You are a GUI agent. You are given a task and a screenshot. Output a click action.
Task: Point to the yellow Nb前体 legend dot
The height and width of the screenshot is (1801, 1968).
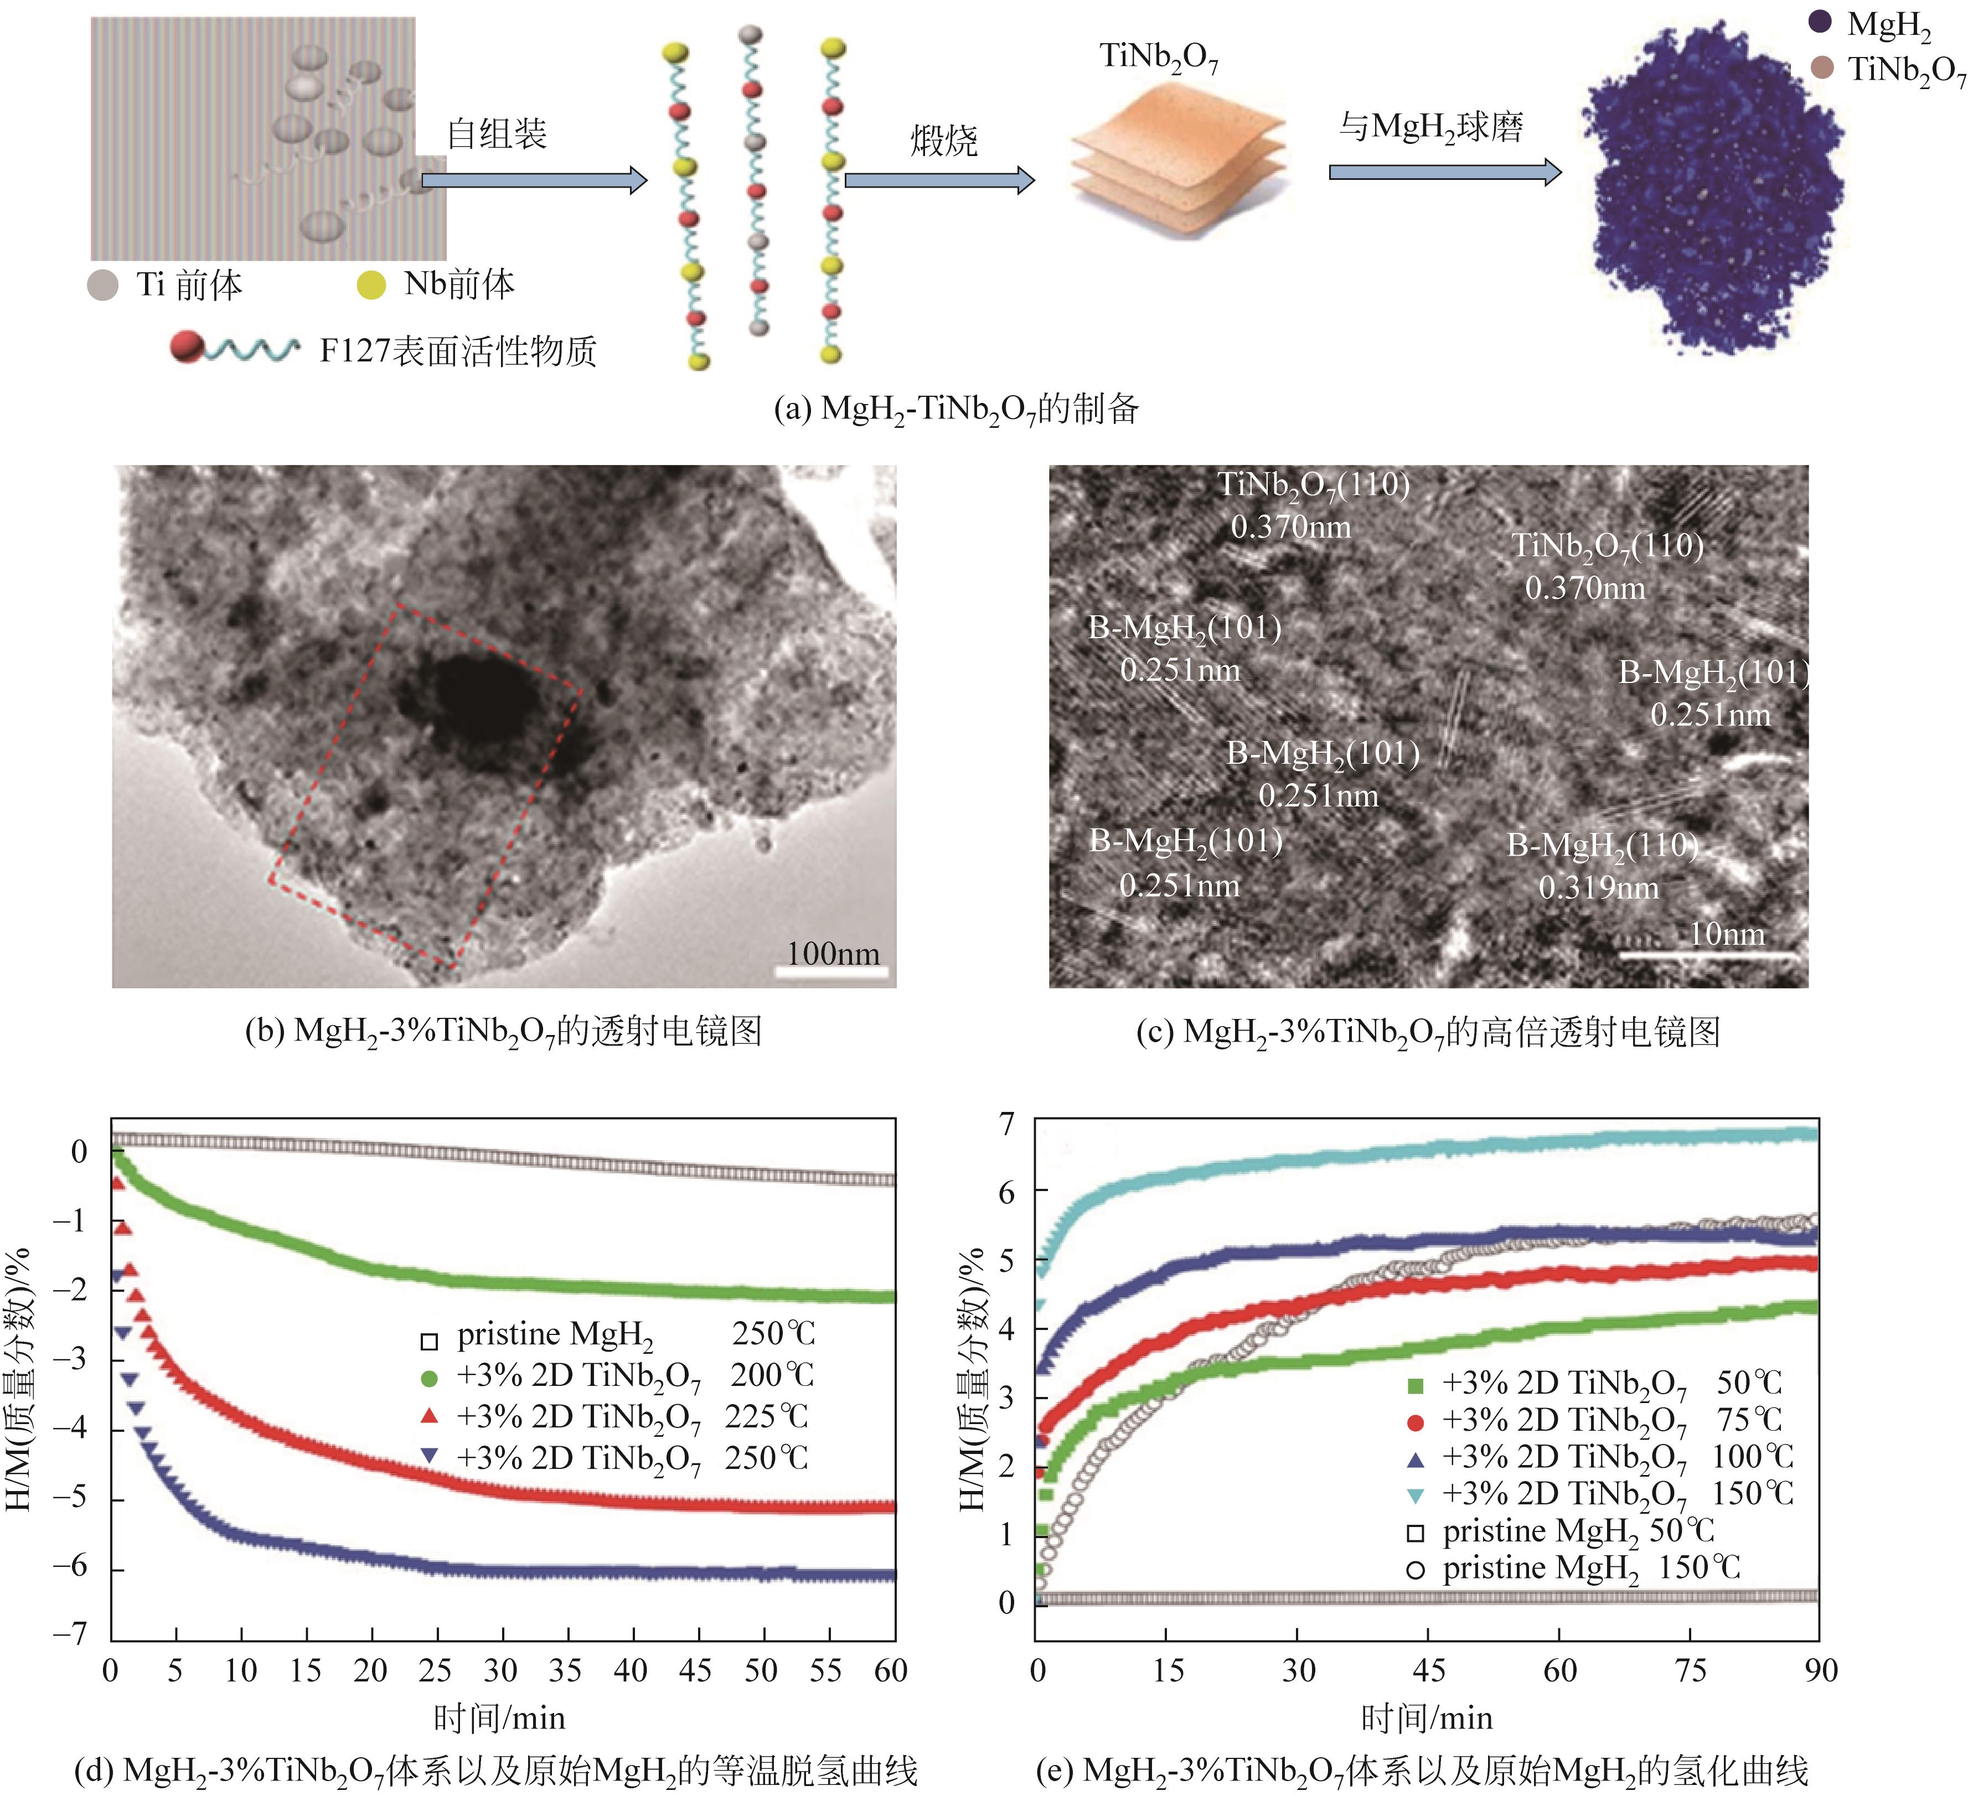click(x=371, y=285)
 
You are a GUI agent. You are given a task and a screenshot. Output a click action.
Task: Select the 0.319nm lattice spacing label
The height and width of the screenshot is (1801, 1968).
click(x=1598, y=887)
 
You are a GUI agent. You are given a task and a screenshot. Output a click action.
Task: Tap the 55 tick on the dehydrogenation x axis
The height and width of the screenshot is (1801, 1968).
click(x=825, y=1671)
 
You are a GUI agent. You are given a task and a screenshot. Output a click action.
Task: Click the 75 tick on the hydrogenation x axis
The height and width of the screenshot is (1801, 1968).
click(x=1690, y=1671)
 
